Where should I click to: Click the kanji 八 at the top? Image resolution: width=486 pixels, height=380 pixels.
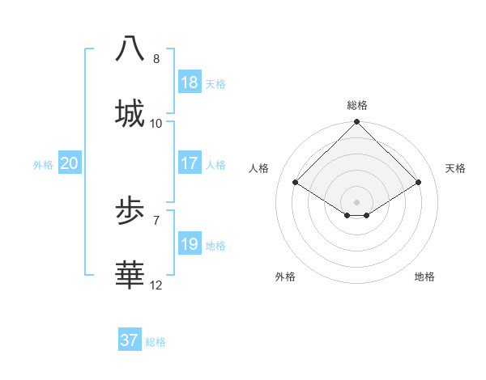click(130, 48)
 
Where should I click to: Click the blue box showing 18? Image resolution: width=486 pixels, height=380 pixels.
click(190, 82)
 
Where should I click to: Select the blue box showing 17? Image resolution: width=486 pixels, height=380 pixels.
click(190, 163)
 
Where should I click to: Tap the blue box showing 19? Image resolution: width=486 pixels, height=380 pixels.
click(190, 244)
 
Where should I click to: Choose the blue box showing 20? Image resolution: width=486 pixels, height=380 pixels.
click(69, 163)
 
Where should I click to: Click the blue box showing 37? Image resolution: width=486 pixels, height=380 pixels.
click(130, 340)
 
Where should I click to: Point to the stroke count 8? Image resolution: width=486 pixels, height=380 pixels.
click(156, 59)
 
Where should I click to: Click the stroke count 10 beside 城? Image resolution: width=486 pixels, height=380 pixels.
click(156, 123)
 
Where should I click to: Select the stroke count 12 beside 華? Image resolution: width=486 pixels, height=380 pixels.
click(156, 285)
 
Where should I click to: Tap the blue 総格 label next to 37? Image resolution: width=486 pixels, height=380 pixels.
click(156, 342)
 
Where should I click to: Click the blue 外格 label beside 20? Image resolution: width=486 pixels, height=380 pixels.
click(43, 165)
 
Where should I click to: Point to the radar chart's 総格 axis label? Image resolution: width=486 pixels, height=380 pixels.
click(356, 105)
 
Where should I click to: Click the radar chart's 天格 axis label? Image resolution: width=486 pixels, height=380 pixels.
click(456, 168)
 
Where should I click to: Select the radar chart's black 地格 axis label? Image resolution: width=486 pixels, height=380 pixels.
click(424, 277)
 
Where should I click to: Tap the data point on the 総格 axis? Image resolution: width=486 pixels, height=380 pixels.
click(356, 123)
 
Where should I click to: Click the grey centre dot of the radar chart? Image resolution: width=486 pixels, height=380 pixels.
click(356, 201)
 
